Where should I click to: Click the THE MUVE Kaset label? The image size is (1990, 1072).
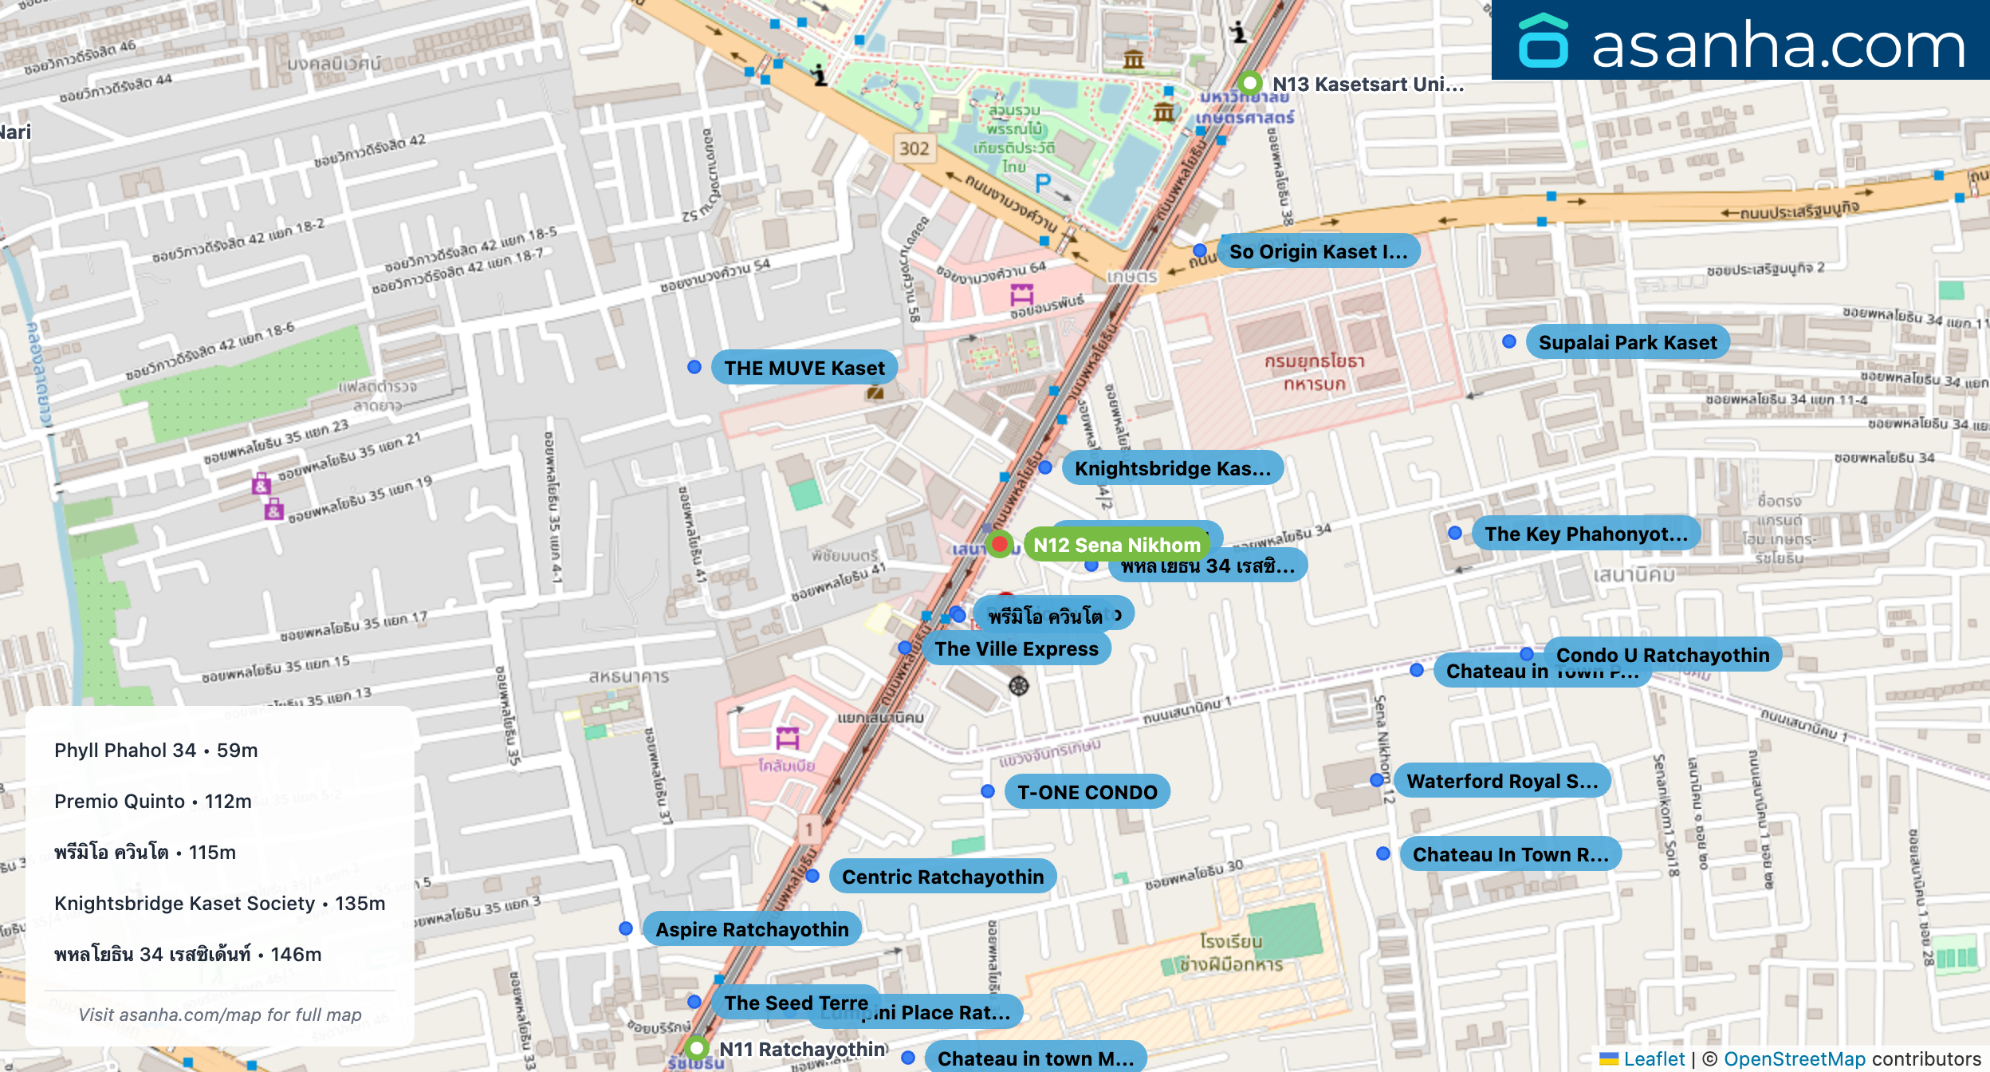[804, 368]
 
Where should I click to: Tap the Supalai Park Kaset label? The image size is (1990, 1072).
[1626, 342]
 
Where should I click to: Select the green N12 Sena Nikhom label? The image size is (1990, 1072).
[1116, 545]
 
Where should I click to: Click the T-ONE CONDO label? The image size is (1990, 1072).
[1087, 792]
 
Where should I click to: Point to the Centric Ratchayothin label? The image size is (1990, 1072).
[942, 877]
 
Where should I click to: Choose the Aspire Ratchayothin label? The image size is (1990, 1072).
[751, 929]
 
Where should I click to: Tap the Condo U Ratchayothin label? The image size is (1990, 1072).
[1662, 655]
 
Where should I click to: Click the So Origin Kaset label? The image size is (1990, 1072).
[1318, 251]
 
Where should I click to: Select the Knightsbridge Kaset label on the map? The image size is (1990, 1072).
[1172, 468]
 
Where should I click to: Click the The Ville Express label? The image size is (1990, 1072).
[1017, 648]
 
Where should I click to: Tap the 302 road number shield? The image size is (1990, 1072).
[914, 148]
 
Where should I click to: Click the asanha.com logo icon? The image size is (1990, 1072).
[1543, 41]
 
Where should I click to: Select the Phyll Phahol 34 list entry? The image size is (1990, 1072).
[156, 751]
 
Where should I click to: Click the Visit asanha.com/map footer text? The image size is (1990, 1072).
[220, 1015]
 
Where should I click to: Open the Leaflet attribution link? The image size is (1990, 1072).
[1654, 1058]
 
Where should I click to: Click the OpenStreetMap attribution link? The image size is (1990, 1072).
[1794, 1058]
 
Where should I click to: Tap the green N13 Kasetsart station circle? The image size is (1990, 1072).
[1250, 83]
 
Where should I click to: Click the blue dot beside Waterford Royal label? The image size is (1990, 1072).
[1377, 780]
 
